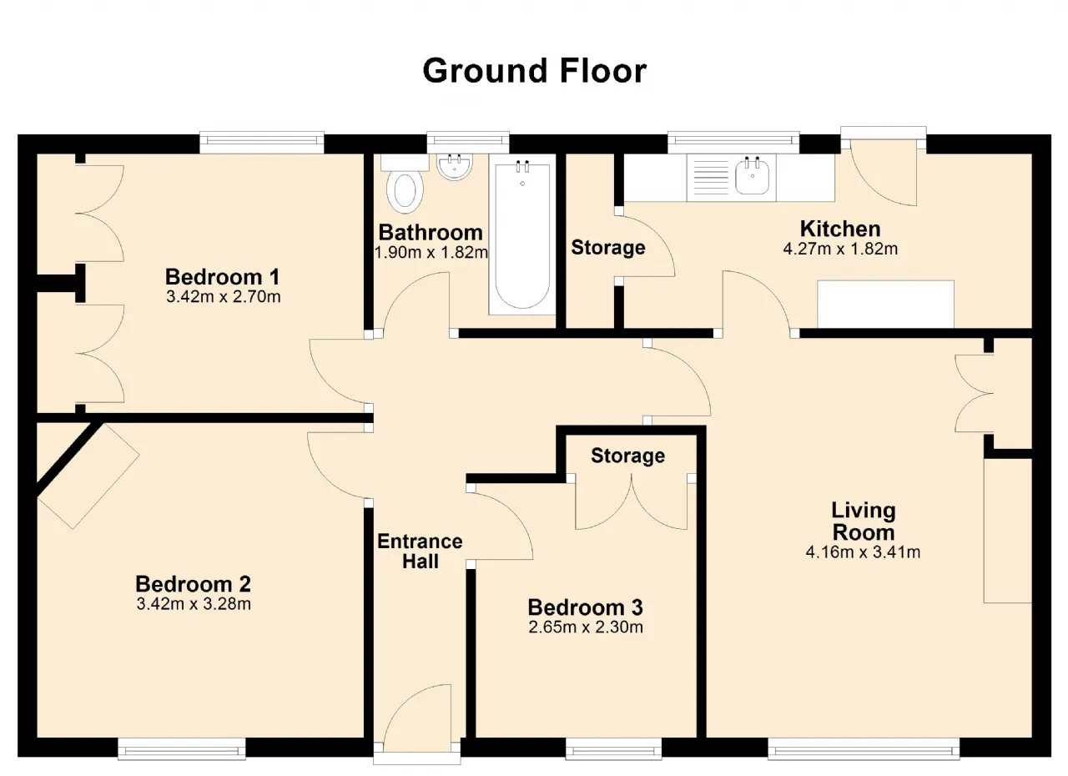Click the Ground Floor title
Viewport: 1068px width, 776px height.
[x=535, y=71]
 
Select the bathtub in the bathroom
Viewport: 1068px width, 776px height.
[x=522, y=234]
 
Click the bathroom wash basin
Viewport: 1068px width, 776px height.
[x=455, y=167]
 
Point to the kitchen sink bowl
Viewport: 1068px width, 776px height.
[x=753, y=177]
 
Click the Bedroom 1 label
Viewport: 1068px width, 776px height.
[x=222, y=277]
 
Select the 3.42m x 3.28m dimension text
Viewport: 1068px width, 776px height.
[x=194, y=604]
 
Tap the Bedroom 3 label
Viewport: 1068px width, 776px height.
[x=586, y=607]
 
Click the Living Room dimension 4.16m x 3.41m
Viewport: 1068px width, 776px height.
[x=863, y=552]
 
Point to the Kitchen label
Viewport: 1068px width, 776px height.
[x=840, y=229]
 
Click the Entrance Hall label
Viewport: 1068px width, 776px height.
[x=420, y=551]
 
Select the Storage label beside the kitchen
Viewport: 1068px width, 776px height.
[x=608, y=247]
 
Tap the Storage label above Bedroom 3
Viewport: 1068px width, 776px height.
[x=628, y=456]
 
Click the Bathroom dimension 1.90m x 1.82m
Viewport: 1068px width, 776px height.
[x=431, y=252]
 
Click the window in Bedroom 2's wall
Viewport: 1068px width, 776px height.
[x=182, y=748]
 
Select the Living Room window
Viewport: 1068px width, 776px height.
[x=864, y=748]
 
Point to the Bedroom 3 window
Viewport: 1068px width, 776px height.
[x=613, y=748]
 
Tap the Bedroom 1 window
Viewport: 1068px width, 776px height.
[x=262, y=142]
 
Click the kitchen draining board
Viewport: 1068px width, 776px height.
[x=711, y=178]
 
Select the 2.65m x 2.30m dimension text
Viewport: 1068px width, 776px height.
[x=586, y=627]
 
